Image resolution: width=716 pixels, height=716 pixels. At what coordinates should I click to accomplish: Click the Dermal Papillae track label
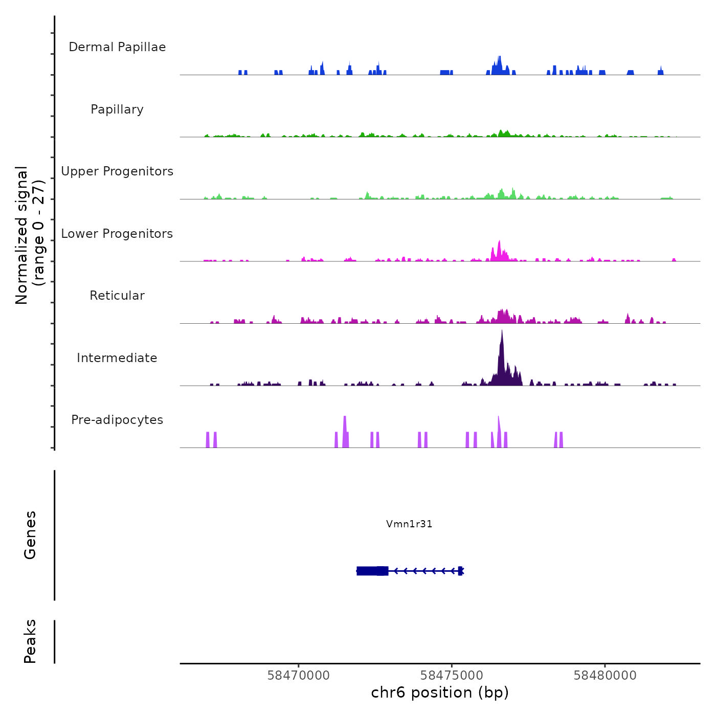click(x=117, y=47)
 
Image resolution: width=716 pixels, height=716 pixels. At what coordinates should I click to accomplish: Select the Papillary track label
click(x=117, y=109)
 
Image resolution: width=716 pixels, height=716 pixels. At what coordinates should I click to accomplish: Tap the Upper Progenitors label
click(x=117, y=171)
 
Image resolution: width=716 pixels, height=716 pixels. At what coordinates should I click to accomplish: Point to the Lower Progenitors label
click(x=117, y=234)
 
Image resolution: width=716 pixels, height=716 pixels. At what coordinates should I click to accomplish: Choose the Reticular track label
click(x=117, y=296)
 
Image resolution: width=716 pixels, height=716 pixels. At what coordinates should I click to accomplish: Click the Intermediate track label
click(x=117, y=358)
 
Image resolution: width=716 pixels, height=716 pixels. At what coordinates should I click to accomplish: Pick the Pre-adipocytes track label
click(x=117, y=420)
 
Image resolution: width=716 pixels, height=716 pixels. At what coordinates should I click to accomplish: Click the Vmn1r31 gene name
click(x=409, y=524)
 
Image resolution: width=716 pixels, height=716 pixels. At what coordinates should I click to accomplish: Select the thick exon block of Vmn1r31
click(x=372, y=571)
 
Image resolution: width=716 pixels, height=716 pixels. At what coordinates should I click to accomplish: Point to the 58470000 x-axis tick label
click(x=299, y=676)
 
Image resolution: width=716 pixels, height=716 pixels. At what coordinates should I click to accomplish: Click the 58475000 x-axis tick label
click(x=452, y=676)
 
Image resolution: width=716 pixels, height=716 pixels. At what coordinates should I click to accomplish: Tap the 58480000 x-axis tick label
click(x=605, y=676)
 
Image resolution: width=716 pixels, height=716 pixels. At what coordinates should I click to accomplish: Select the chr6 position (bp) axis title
click(x=440, y=692)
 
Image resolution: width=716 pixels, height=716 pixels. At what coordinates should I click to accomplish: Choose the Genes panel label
click(x=30, y=535)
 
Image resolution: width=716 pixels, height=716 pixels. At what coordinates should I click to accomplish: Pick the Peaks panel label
click(x=30, y=641)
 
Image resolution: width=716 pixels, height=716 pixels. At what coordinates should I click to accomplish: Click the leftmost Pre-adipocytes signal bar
click(x=208, y=440)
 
